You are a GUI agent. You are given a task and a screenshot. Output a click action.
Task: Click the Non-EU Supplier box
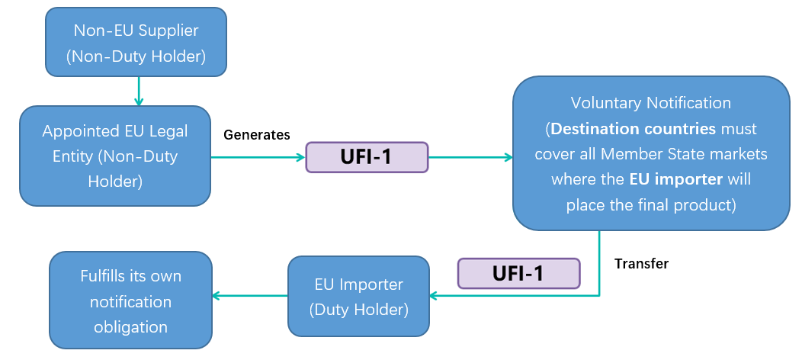tap(136, 42)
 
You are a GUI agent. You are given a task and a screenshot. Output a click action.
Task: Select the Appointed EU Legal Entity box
tap(114, 156)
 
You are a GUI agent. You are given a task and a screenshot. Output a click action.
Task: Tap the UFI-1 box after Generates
tap(367, 157)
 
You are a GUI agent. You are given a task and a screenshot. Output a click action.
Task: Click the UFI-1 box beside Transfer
tap(518, 273)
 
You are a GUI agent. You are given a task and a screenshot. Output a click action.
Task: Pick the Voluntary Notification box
tap(650, 153)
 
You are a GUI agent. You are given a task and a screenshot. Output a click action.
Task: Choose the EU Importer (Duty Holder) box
tap(358, 297)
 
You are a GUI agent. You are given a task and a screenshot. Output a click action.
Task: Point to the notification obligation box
tap(130, 301)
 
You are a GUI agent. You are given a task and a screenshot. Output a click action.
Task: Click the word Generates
tap(256, 135)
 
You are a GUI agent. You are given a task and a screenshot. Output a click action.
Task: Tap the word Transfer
tap(641, 264)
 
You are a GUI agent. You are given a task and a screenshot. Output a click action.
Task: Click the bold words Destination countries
tap(633, 128)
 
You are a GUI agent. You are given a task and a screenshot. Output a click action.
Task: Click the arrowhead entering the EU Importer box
tap(435, 295)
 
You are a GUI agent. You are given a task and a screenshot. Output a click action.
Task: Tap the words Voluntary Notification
tap(650, 103)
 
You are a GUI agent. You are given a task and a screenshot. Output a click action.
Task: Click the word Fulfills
tap(108, 275)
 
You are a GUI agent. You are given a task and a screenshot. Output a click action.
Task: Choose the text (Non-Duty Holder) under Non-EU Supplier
tap(136, 56)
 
